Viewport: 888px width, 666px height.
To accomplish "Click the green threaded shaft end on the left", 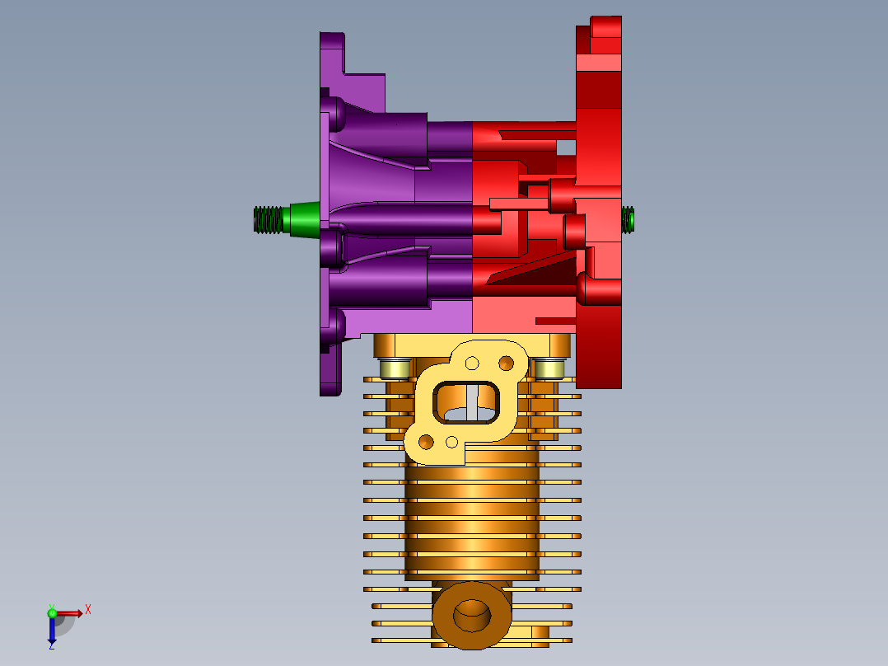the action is tap(269, 220).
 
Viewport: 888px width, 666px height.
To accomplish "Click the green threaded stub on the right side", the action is tap(628, 220).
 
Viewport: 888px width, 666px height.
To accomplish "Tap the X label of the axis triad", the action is tap(88, 610).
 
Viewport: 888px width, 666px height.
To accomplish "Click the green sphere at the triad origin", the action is tap(52, 613).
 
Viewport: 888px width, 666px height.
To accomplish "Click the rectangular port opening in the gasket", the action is tap(466, 402).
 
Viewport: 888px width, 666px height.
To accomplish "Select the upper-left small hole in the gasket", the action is tap(472, 363).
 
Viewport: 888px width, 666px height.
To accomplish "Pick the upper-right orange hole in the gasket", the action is tap(507, 363).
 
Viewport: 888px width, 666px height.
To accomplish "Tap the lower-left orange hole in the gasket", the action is tap(426, 442).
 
